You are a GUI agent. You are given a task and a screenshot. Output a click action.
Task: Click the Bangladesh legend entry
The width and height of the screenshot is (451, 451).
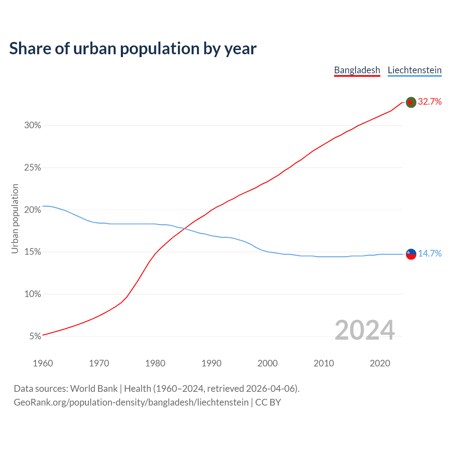pos(357,70)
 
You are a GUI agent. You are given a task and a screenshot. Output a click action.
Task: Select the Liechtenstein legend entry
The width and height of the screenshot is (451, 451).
pos(414,70)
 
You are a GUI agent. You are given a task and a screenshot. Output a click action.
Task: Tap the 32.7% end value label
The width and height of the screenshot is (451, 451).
pos(430,102)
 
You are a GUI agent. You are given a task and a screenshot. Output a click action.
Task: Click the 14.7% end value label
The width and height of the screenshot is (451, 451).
pos(430,253)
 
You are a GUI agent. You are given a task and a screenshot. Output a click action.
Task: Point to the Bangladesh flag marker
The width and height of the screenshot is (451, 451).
pos(411,102)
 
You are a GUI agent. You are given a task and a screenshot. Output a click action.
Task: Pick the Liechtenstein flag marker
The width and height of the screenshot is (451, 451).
pos(411,254)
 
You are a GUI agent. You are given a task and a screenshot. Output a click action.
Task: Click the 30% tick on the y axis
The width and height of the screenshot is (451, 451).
pos(33,125)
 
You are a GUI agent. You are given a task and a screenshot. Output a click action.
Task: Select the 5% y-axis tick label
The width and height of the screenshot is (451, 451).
pos(35,336)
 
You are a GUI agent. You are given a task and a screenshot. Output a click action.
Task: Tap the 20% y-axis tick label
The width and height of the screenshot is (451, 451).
pos(33,210)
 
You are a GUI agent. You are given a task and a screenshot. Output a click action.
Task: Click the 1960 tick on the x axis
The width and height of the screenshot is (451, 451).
pos(43,363)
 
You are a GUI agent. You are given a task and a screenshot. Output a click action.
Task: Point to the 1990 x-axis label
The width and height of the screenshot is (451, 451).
pos(211,363)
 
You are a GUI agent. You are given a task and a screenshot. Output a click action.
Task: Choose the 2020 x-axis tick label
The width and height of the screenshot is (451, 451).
pos(380,363)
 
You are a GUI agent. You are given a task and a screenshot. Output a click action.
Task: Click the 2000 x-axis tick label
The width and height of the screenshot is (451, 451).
pos(267,363)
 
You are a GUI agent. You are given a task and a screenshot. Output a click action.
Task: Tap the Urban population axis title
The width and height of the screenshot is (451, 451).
pos(15,218)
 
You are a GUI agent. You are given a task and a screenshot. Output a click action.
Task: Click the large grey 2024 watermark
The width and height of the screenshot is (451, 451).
pos(364,330)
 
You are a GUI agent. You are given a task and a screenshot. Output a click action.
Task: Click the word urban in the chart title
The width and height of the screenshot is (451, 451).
pos(95,48)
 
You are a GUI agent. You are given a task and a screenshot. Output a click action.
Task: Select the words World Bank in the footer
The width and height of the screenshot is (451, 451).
pos(94,388)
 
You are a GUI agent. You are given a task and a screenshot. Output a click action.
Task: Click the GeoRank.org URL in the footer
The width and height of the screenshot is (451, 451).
pos(131,402)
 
